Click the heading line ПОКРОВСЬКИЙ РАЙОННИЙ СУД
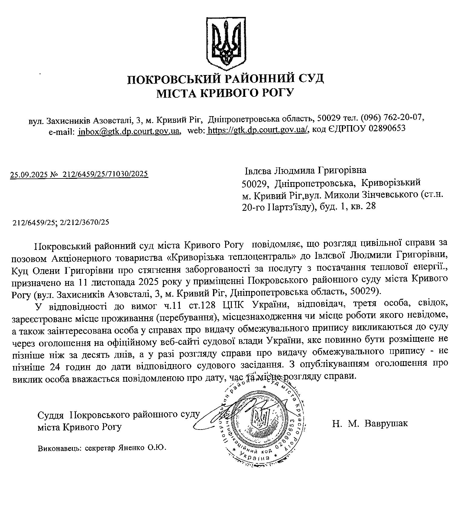point(225,79)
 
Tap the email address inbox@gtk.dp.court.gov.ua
point(128,131)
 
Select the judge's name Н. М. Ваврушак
point(370,423)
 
